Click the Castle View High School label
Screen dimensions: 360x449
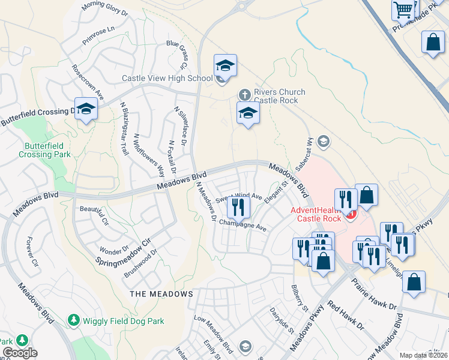click(167, 79)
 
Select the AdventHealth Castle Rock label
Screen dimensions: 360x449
click(315, 214)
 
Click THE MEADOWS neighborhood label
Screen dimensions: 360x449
click(161, 294)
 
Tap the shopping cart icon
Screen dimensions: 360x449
click(403, 9)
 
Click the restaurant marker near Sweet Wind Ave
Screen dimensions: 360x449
click(238, 207)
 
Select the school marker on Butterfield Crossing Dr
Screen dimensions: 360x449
click(86, 109)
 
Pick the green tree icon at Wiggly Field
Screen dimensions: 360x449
click(74, 320)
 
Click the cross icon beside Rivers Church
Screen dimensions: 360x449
click(244, 94)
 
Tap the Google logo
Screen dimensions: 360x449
click(20, 353)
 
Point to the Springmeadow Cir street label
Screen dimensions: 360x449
click(122, 253)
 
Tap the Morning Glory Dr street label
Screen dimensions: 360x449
click(105, 8)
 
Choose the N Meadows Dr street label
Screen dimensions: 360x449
click(206, 202)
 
